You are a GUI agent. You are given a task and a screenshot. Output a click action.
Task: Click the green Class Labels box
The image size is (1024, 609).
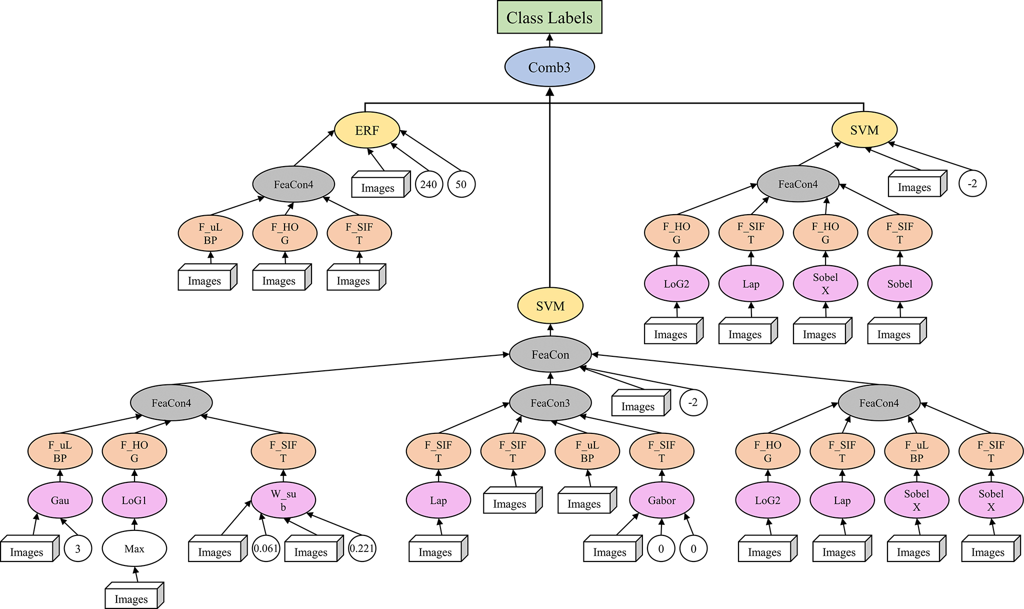pos(549,18)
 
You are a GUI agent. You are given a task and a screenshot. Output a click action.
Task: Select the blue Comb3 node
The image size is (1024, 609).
pos(549,67)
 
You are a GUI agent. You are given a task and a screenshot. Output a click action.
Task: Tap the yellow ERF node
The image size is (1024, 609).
pos(366,130)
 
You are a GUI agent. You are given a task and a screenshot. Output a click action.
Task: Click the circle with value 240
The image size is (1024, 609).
pos(428,184)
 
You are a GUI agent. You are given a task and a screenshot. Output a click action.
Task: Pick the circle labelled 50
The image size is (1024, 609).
pos(461,184)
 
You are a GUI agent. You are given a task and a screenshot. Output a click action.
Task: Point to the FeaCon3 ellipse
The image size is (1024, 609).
pos(550,403)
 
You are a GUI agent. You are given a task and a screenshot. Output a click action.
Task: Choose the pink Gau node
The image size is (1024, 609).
pos(60,500)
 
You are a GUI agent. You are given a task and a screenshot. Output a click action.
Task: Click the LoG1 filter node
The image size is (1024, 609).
pos(134,500)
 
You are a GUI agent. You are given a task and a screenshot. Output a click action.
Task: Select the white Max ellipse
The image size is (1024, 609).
pos(134,548)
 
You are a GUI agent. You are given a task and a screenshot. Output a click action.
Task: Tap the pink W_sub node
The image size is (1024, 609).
pos(283,500)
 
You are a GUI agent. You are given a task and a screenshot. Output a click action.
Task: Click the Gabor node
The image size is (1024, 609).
pos(661,500)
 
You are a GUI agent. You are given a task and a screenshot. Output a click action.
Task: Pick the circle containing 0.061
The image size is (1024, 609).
pos(265,548)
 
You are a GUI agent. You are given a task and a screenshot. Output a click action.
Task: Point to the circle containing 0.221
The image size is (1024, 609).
pos(361,548)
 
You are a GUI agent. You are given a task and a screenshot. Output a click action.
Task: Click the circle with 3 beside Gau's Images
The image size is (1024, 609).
pos(77,548)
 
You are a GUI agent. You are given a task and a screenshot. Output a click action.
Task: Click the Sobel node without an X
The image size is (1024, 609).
pos(899,284)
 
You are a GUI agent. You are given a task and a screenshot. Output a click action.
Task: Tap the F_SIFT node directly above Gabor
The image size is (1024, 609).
pos(661,451)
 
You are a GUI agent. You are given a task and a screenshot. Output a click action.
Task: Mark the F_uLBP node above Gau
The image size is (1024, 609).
pos(60,451)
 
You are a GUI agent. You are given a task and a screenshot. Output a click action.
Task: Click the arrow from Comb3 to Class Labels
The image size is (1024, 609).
pos(549,41)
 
